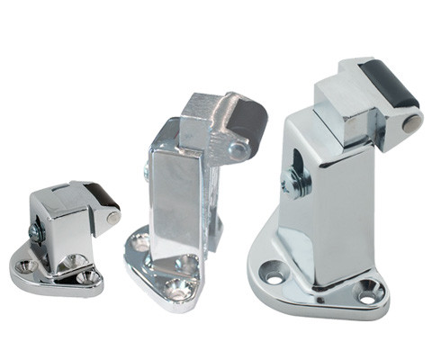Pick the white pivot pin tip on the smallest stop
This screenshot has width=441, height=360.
pos(113,217)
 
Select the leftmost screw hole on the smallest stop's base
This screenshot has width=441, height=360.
pos(27,265)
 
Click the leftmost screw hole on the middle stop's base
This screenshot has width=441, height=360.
pos(140,242)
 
